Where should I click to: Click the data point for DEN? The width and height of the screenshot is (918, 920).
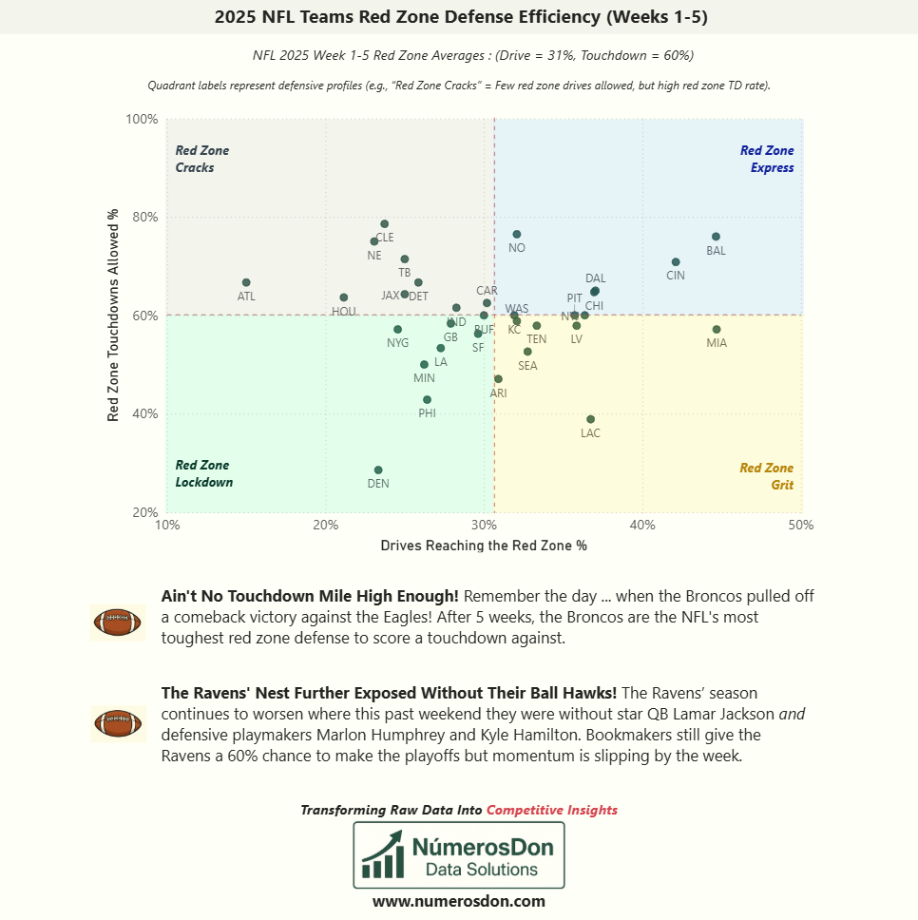tap(378, 470)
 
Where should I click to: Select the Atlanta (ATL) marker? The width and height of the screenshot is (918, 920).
tap(246, 283)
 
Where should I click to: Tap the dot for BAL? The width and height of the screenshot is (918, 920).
tap(716, 237)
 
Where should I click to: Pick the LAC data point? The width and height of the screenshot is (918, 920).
tap(590, 419)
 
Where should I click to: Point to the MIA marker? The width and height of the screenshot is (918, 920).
tap(717, 330)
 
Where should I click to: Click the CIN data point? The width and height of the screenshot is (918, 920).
tap(676, 262)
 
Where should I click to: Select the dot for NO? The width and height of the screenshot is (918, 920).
tap(517, 234)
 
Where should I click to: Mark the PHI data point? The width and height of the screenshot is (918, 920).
tap(427, 400)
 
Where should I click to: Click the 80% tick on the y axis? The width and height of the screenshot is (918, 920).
tap(145, 218)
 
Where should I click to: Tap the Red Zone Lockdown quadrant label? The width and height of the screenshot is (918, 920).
tap(203, 473)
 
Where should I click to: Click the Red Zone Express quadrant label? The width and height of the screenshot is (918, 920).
tap(766, 159)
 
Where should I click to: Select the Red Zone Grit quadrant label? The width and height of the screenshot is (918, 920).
tap(766, 476)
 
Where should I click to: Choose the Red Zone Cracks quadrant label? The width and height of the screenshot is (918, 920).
tap(201, 159)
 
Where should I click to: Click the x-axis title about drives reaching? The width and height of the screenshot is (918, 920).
tap(484, 546)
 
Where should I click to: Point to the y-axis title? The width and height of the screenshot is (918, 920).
tap(113, 315)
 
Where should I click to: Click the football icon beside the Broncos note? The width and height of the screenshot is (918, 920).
tap(118, 623)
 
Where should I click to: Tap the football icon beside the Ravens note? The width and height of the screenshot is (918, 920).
tap(118, 723)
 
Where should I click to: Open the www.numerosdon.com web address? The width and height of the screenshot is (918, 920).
tap(459, 901)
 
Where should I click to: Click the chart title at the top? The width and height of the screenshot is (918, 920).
tap(459, 16)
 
